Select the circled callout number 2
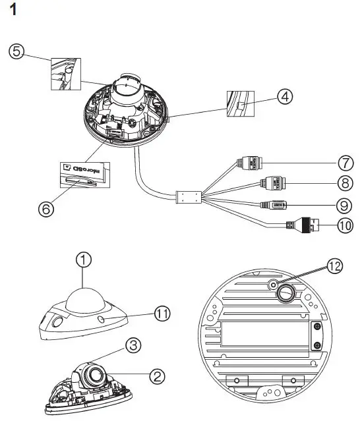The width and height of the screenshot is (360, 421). tap(156, 376)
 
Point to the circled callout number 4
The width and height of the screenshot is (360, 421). tap(284, 97)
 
